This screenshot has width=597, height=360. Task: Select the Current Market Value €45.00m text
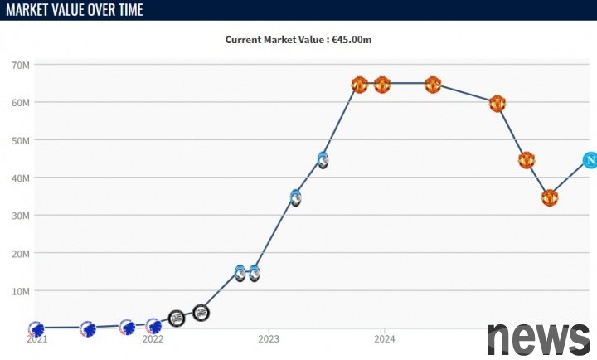point(303,39)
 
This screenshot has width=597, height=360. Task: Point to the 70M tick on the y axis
point(21,65)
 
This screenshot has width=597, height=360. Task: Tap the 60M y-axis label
point(21,102)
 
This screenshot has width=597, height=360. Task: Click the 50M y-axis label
point(21,140)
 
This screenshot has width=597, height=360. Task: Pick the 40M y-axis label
point(21,178)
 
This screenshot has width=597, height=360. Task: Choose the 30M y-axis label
point(21,216)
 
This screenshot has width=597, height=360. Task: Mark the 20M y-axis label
point(21,253)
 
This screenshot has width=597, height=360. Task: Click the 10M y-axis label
point(21,291)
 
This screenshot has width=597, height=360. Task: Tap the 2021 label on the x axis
point(36,339)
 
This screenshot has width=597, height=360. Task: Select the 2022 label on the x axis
point(153,339)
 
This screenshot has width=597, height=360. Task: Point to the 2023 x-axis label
point(269,339)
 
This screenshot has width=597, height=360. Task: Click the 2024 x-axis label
point(384,339)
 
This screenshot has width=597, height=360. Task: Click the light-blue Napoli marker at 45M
point(590,160)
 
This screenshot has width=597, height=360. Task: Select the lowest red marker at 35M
point(550,197)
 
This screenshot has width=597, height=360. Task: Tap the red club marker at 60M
point(497,104)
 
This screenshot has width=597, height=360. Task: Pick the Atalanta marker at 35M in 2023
point(295,197)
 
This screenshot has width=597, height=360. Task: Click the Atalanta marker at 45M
point(323,159)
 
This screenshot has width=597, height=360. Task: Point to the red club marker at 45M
point(526,160)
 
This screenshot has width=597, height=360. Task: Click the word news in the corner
point(538,337)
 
